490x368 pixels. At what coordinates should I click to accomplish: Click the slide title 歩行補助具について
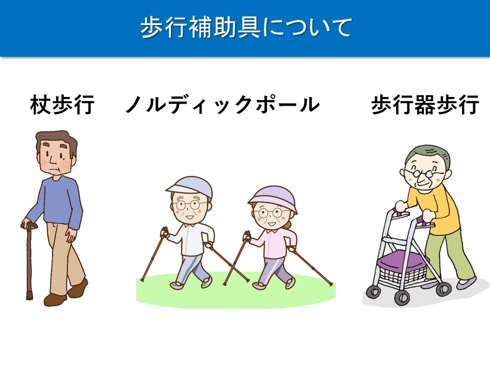(x=246, y=28)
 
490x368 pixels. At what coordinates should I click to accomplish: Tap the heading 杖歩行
(x=62, y=104)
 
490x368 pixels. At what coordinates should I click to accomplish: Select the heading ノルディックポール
(x=223, y=104)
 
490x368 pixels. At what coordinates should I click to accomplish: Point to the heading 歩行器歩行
(x=425, y=104)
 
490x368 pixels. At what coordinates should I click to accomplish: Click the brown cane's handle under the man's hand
(x=29, y=225)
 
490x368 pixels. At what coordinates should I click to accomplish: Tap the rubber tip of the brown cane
(x=29, y=296)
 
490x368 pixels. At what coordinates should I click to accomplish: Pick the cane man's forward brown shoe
(x=55, y=300)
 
